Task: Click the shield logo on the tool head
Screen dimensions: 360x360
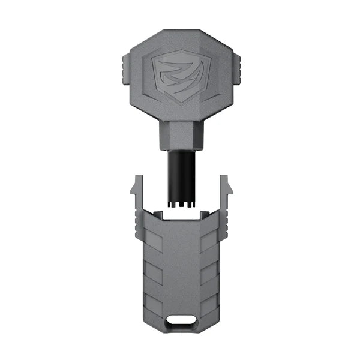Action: click(x=181, y=77)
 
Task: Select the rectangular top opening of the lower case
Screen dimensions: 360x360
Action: click(x=181, y=215)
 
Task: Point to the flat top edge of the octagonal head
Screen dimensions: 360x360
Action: click(x=181, y=31)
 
